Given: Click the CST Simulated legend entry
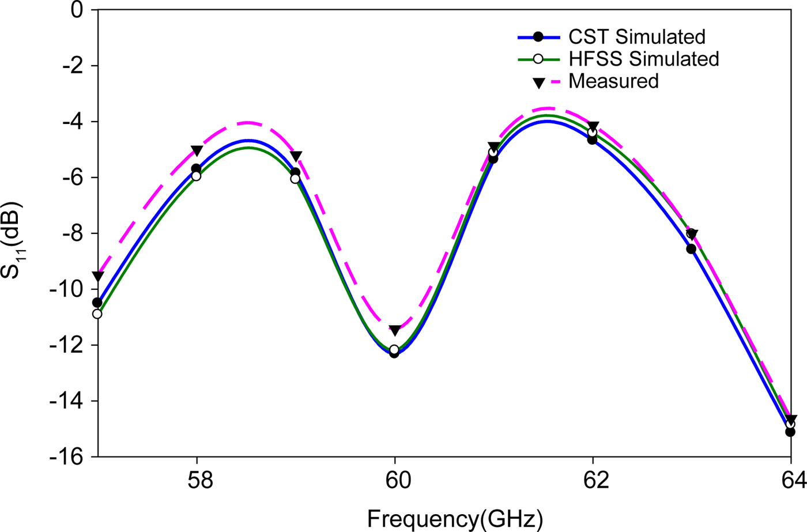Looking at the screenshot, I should coord(636,37).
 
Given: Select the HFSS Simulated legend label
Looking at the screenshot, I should coord(643,59).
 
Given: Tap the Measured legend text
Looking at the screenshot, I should coord(613,81).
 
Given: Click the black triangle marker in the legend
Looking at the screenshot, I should coord(538,83).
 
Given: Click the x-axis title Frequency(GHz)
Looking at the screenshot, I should coord(455,519).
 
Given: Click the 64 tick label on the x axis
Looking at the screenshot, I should coord(792,480).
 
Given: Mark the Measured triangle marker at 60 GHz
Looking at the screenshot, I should coord(395,331).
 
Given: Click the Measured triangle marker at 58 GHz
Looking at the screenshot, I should coord(197,151).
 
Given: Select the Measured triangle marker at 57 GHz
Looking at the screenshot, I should coord(98,277).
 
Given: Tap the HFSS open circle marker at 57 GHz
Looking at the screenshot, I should coord(97,314).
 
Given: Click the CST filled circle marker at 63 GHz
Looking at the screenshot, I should coord(691,249).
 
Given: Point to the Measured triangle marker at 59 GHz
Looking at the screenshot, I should coord(296,157).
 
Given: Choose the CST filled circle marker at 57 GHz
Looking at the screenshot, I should coord(97,303).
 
